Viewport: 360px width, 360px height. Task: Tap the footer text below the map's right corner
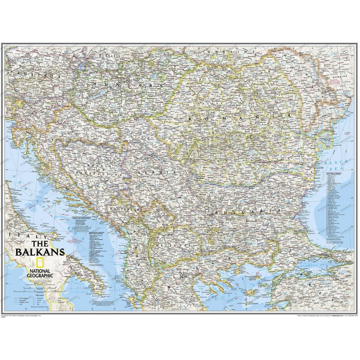tap(312, 314)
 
